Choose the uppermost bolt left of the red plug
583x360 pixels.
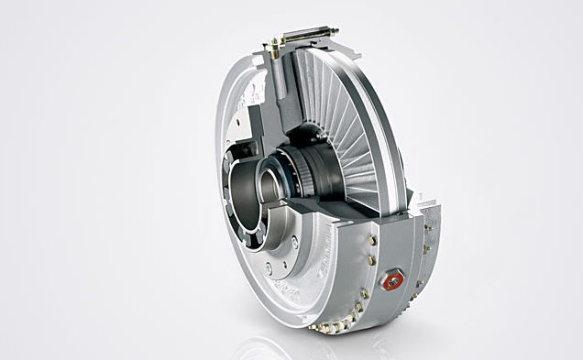[x=372, y=239]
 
